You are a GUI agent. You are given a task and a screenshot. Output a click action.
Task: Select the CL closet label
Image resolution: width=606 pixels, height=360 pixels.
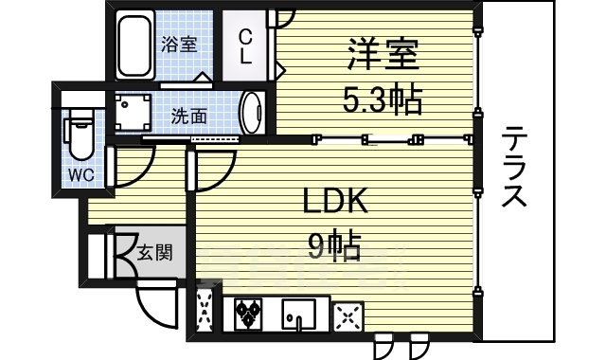point(245,45)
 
